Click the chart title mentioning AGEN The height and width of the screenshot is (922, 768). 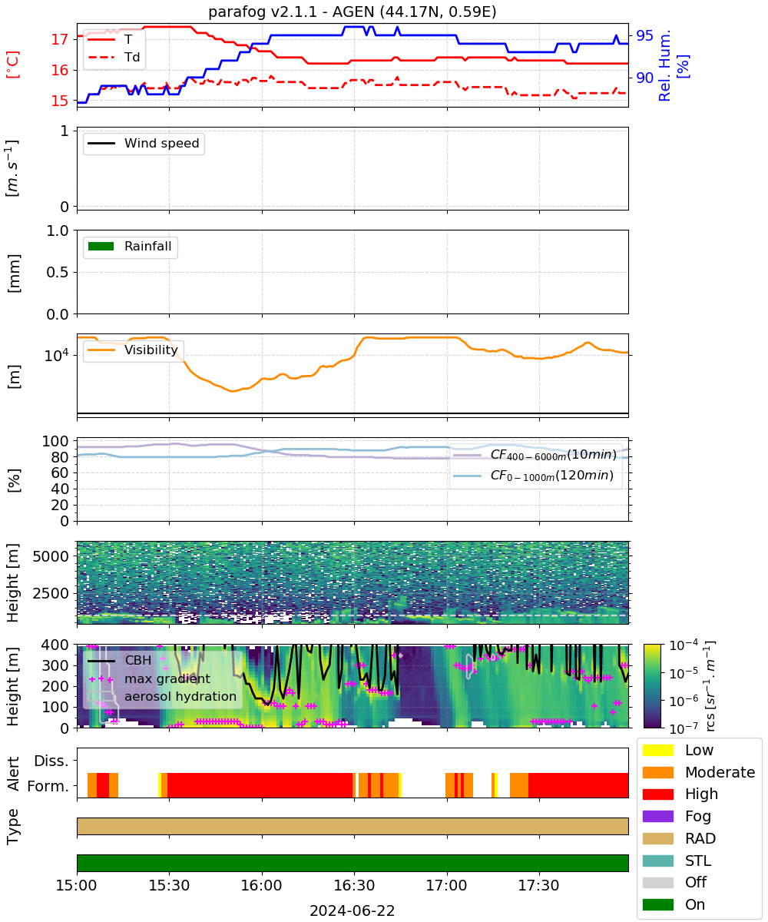click(352, 12)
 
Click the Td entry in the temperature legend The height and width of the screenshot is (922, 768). click(114, 57)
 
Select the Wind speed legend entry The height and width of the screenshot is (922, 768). click(144, 143)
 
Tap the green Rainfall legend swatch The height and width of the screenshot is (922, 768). click(101, 246)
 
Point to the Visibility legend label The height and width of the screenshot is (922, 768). click(151, 350)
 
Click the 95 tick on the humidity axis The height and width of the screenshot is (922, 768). click(644, 36)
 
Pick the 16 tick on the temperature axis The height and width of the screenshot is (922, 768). click(60, 70)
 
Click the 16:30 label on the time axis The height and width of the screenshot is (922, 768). click(354, 885)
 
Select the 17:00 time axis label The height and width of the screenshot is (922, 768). click(446, 885)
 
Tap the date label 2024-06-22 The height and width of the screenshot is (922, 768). click(352, 911)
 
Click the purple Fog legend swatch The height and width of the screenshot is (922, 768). click(657, 817)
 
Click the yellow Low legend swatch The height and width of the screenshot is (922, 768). click(657, 750)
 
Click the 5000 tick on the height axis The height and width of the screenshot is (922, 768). click(51, 556)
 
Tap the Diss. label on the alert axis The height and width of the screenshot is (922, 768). click(51, 761)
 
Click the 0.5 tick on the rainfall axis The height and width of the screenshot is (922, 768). click(58, 273)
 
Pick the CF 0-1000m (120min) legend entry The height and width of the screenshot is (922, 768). click(533, 476)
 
